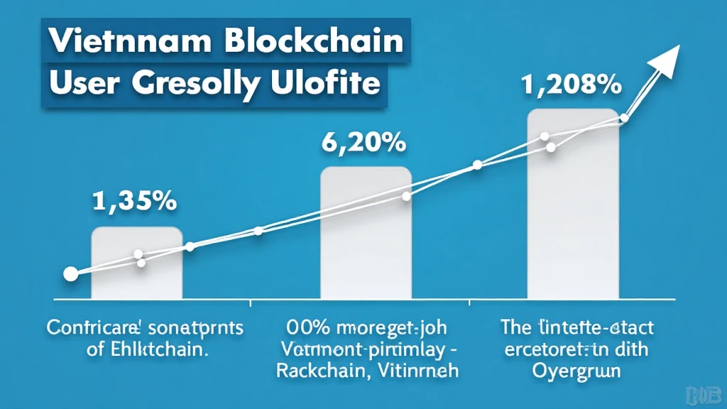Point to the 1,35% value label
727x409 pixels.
tap(134, 201)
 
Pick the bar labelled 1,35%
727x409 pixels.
tap(137, 262)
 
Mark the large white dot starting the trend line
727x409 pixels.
tap(70, 274)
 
